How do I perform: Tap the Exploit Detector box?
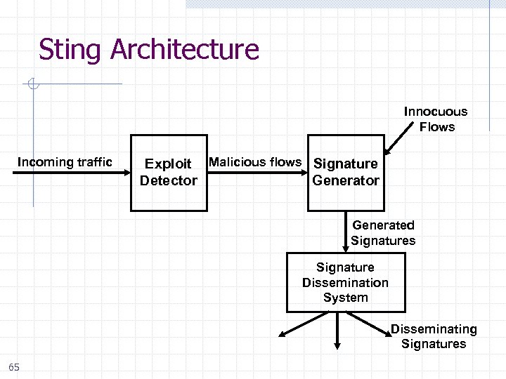click(x=169, y=173)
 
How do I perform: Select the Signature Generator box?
click(x=346, y=173)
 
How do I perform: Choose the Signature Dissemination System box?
click(x=345, y=283)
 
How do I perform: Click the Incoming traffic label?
click(x=65, y=162)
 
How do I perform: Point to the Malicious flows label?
click(x=255, y=162)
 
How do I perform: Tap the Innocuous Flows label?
click(x=436, y=119)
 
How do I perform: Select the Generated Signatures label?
click(x=383, y=233)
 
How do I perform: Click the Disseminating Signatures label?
click(x=434, y=336)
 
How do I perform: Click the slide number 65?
click(x=14, y=367)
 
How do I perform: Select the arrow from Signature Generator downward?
click(x=346, y=232)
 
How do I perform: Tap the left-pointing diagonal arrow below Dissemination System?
click(x=302, y=324)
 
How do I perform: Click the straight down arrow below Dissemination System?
click(x=338, y=330)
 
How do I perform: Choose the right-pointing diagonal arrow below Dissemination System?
click(x=372, y=324)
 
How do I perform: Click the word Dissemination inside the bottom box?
click(x=345, y=283)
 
